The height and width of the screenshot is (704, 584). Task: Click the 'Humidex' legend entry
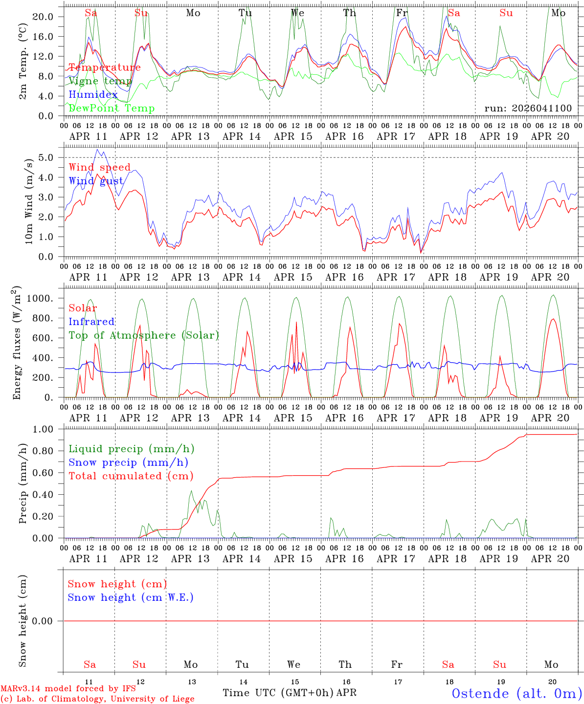point(93,95)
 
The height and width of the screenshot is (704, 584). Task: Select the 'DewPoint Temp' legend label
point(112,109)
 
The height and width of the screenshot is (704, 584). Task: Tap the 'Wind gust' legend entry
point(96,181)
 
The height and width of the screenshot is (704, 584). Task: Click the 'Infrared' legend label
point(91,322)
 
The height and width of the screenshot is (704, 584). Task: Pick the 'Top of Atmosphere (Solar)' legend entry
point(143,335)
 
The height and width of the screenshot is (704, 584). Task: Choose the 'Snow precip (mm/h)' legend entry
point(128,462)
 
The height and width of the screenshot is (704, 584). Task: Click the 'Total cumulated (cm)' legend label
point(131,476)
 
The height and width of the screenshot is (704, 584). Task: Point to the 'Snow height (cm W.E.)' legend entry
point(130,597)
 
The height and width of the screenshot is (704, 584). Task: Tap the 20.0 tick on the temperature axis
point(43,17)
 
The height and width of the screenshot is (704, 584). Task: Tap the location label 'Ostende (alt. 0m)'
point(517,693)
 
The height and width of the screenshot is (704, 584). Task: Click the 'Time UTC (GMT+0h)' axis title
point(278,693)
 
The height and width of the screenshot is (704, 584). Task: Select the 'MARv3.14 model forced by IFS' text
point(68,688)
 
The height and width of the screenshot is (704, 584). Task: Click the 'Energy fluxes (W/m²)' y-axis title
point(18,342)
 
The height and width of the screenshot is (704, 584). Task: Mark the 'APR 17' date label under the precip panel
point(396,559)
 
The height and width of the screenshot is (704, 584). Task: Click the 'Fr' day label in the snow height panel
point(397,664)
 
